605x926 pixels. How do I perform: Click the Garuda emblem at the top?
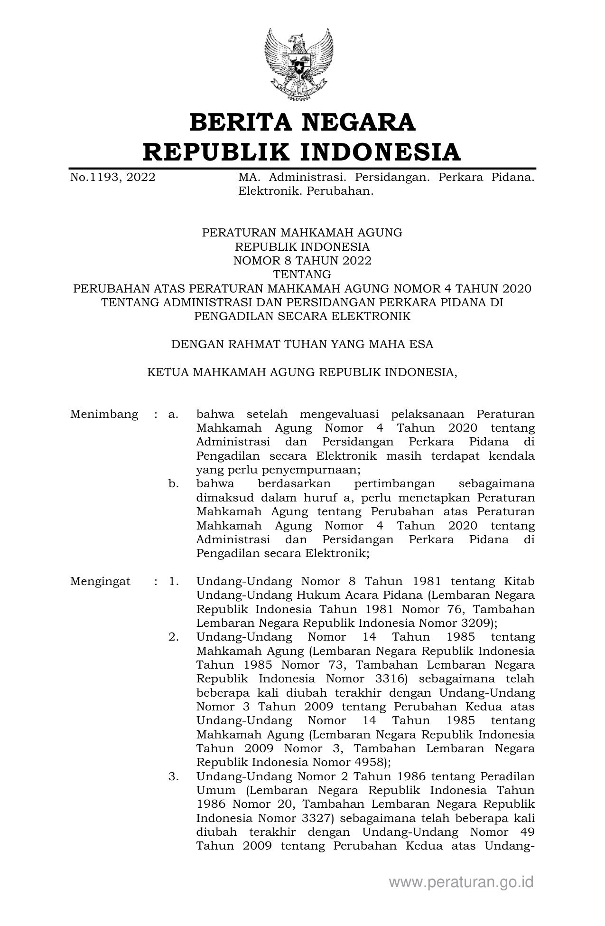coord(299,64)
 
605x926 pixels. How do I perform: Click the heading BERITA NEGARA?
coord(302,122)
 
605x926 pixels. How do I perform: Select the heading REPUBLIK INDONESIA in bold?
coord(302,152)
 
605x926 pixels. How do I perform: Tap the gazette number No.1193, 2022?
coord(112,178)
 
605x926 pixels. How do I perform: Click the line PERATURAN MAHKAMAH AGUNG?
coord(302,233)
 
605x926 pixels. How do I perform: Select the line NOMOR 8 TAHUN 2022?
coord(302,261)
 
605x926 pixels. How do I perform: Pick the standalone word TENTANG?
coord(302,274)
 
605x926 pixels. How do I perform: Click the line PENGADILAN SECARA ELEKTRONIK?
coord(302,316)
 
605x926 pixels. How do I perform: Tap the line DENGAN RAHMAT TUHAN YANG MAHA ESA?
coord(302,344)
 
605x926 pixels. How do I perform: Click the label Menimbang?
coord(104,414)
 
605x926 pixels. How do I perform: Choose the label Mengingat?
coord(100,581)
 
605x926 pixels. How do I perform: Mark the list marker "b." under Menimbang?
coord(174,484)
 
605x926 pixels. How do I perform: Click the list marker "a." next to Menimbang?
coord(173,414)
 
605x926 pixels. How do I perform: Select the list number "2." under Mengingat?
coord(174,637)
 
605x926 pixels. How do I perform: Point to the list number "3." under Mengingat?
coord(174,776)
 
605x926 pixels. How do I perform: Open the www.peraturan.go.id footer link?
coord(461,882)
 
